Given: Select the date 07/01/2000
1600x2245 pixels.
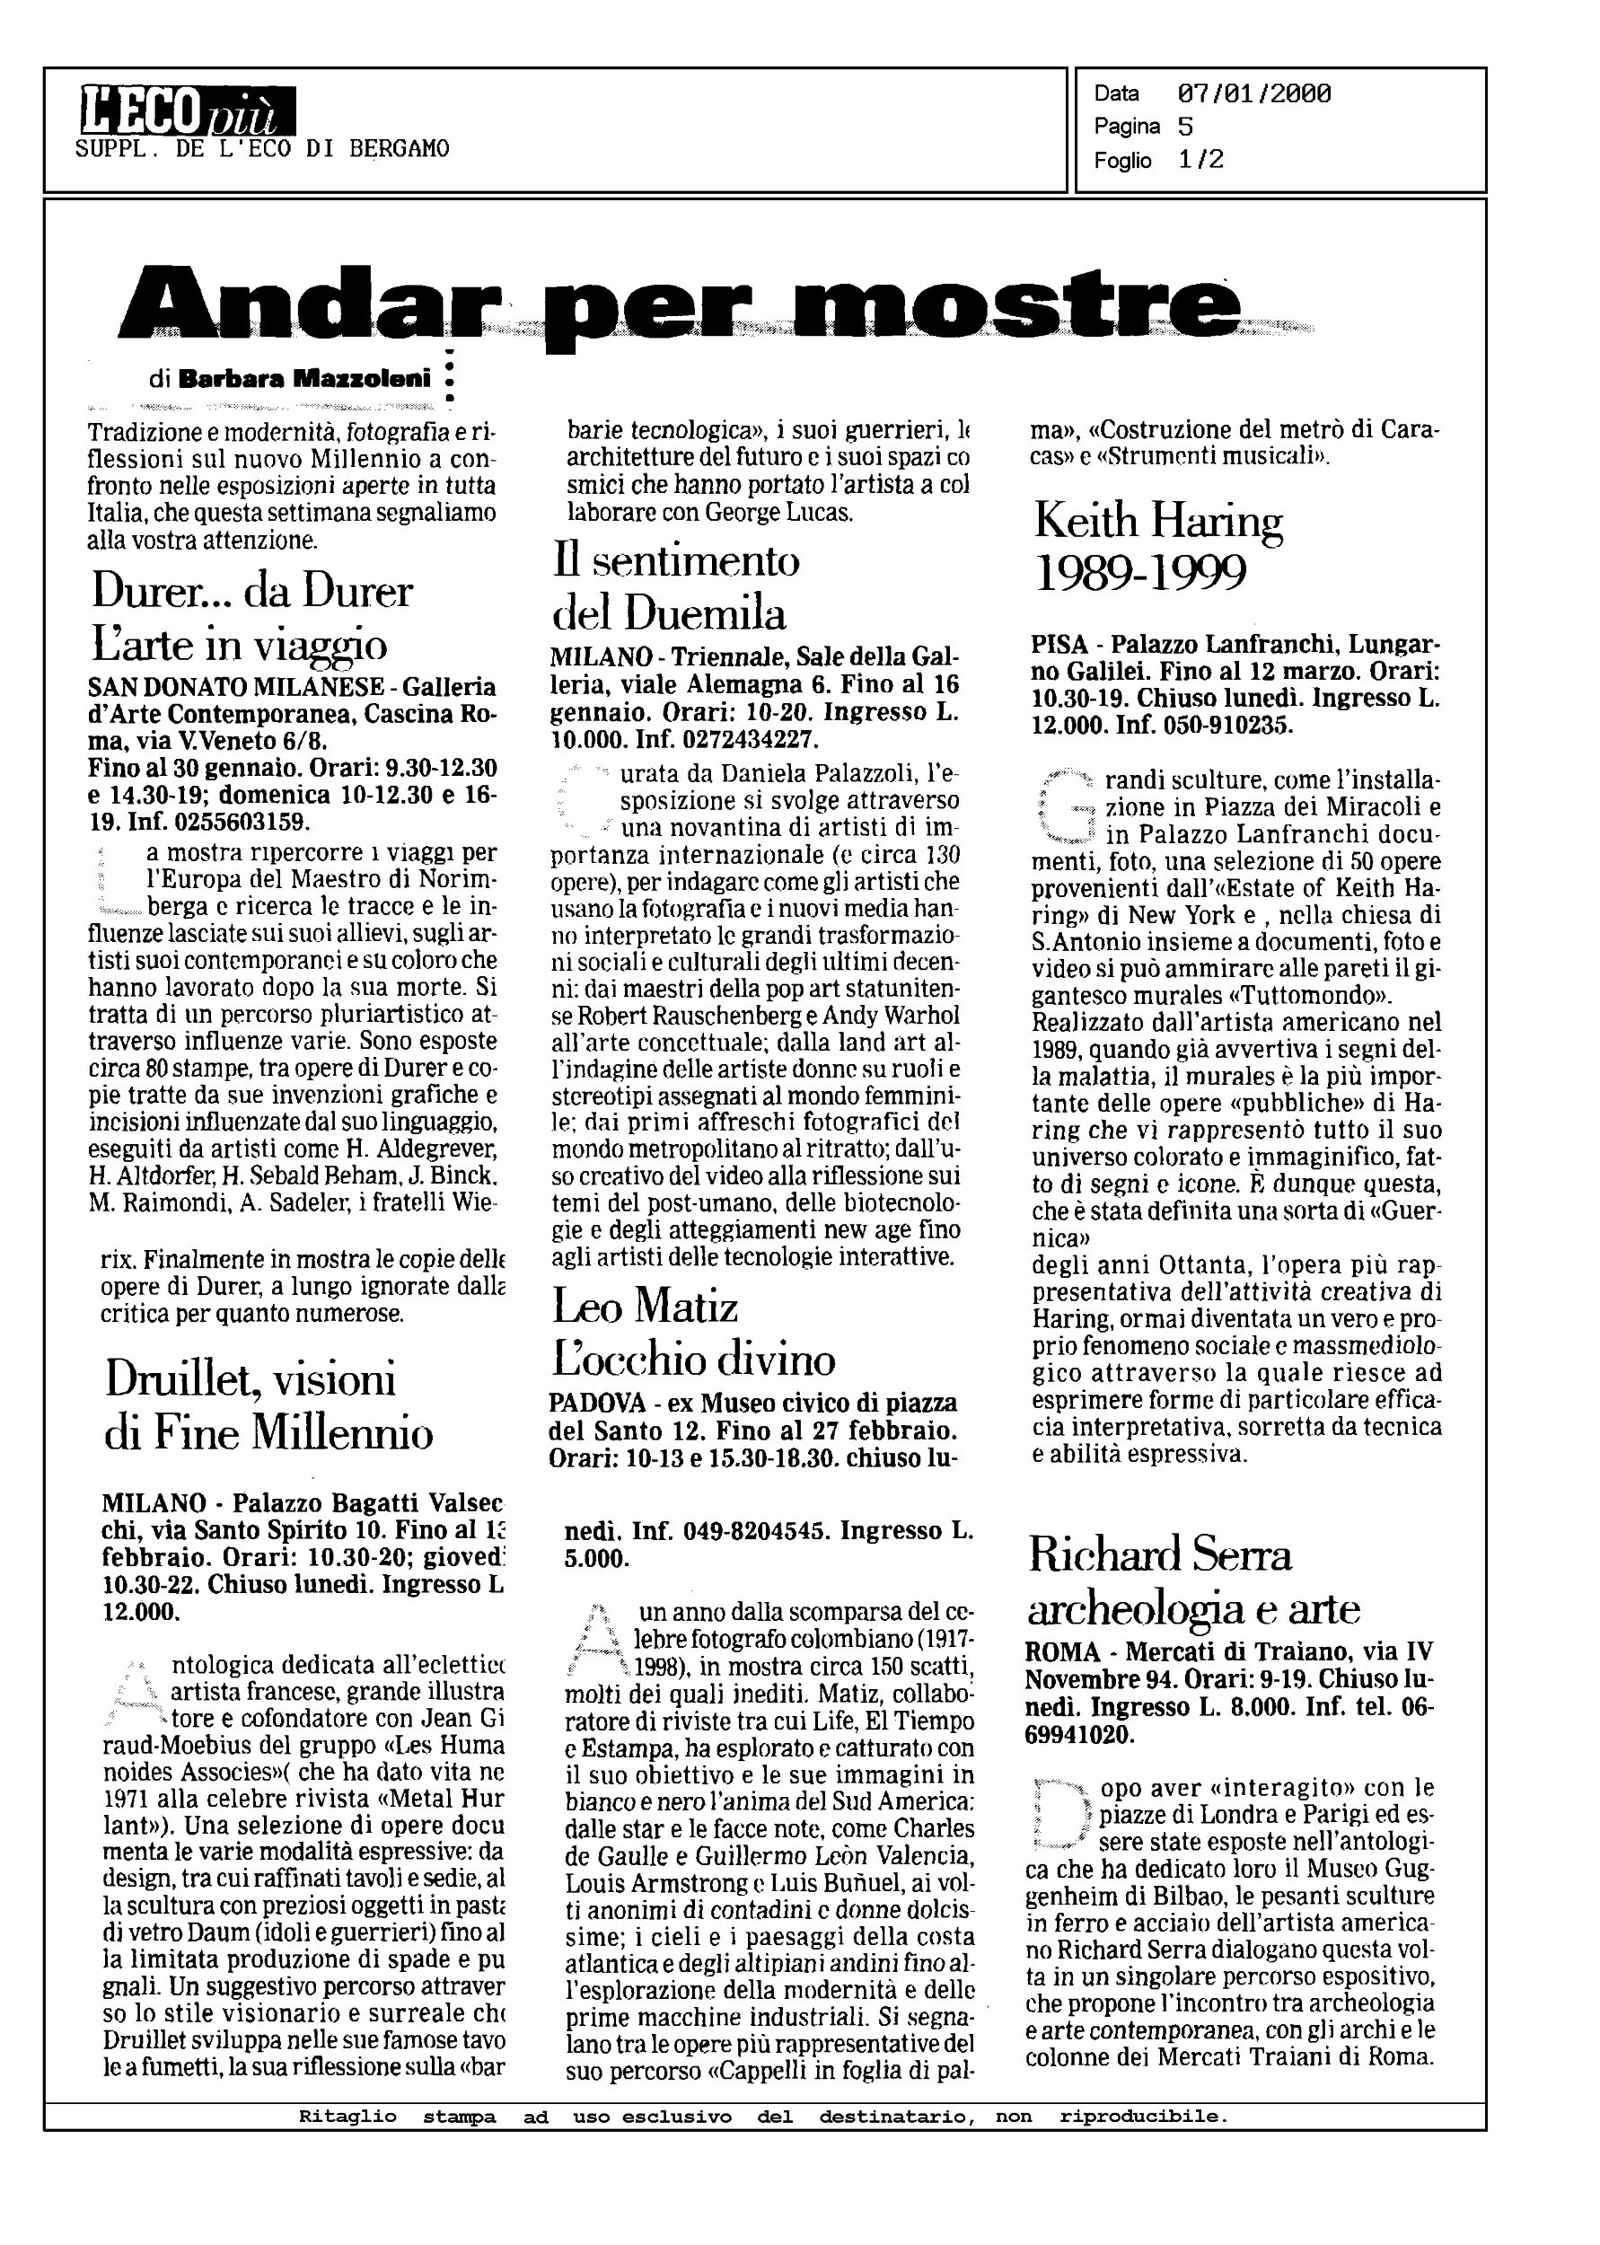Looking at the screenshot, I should pyautogui.click(x=1253, y=93).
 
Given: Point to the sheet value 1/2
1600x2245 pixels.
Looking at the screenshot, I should pyautogui.click(x=1201, y=160).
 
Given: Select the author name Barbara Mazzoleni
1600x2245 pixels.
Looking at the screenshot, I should pyautogui.click(x=304, y=378).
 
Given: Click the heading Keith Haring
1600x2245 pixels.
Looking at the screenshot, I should pyautogui.click(x=1157, y=521).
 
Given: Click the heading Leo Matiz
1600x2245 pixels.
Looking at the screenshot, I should pyautogui.click(x=645, y=1307).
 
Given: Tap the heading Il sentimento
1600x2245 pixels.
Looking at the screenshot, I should pyautogui.click(x=675, y=561).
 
